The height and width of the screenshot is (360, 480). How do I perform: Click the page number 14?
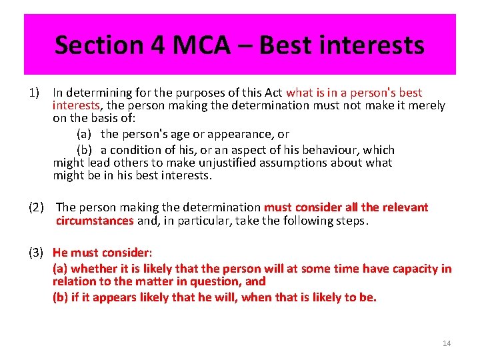point(447,343)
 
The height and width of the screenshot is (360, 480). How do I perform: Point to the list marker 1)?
point(35,93)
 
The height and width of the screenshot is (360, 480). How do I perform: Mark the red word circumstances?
point(95,221)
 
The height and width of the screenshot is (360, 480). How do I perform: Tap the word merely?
point(427,105)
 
